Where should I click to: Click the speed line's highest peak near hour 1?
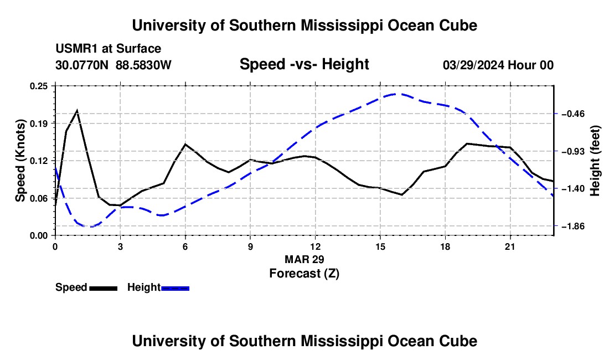point(78,111)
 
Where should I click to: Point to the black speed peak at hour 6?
point(185,144)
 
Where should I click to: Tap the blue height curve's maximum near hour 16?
point(395,94)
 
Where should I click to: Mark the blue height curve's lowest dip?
point(91,227)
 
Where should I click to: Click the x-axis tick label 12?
point(316,246)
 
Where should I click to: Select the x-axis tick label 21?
point(510,246)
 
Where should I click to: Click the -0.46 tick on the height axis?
point(573,114)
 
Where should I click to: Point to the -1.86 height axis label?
point(573,226)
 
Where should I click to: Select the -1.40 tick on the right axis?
point(573,189)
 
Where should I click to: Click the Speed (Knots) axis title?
point(20,161)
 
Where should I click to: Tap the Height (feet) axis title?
point(595,161)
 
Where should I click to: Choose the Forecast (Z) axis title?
point(304,274)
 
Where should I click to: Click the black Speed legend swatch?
point(104,289)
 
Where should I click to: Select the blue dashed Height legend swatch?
point(175,289)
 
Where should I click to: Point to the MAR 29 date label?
point(304,259)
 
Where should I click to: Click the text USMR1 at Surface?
point(109,49)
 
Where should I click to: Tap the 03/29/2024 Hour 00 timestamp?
point(498,65)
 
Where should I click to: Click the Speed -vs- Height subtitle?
point(304,64)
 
